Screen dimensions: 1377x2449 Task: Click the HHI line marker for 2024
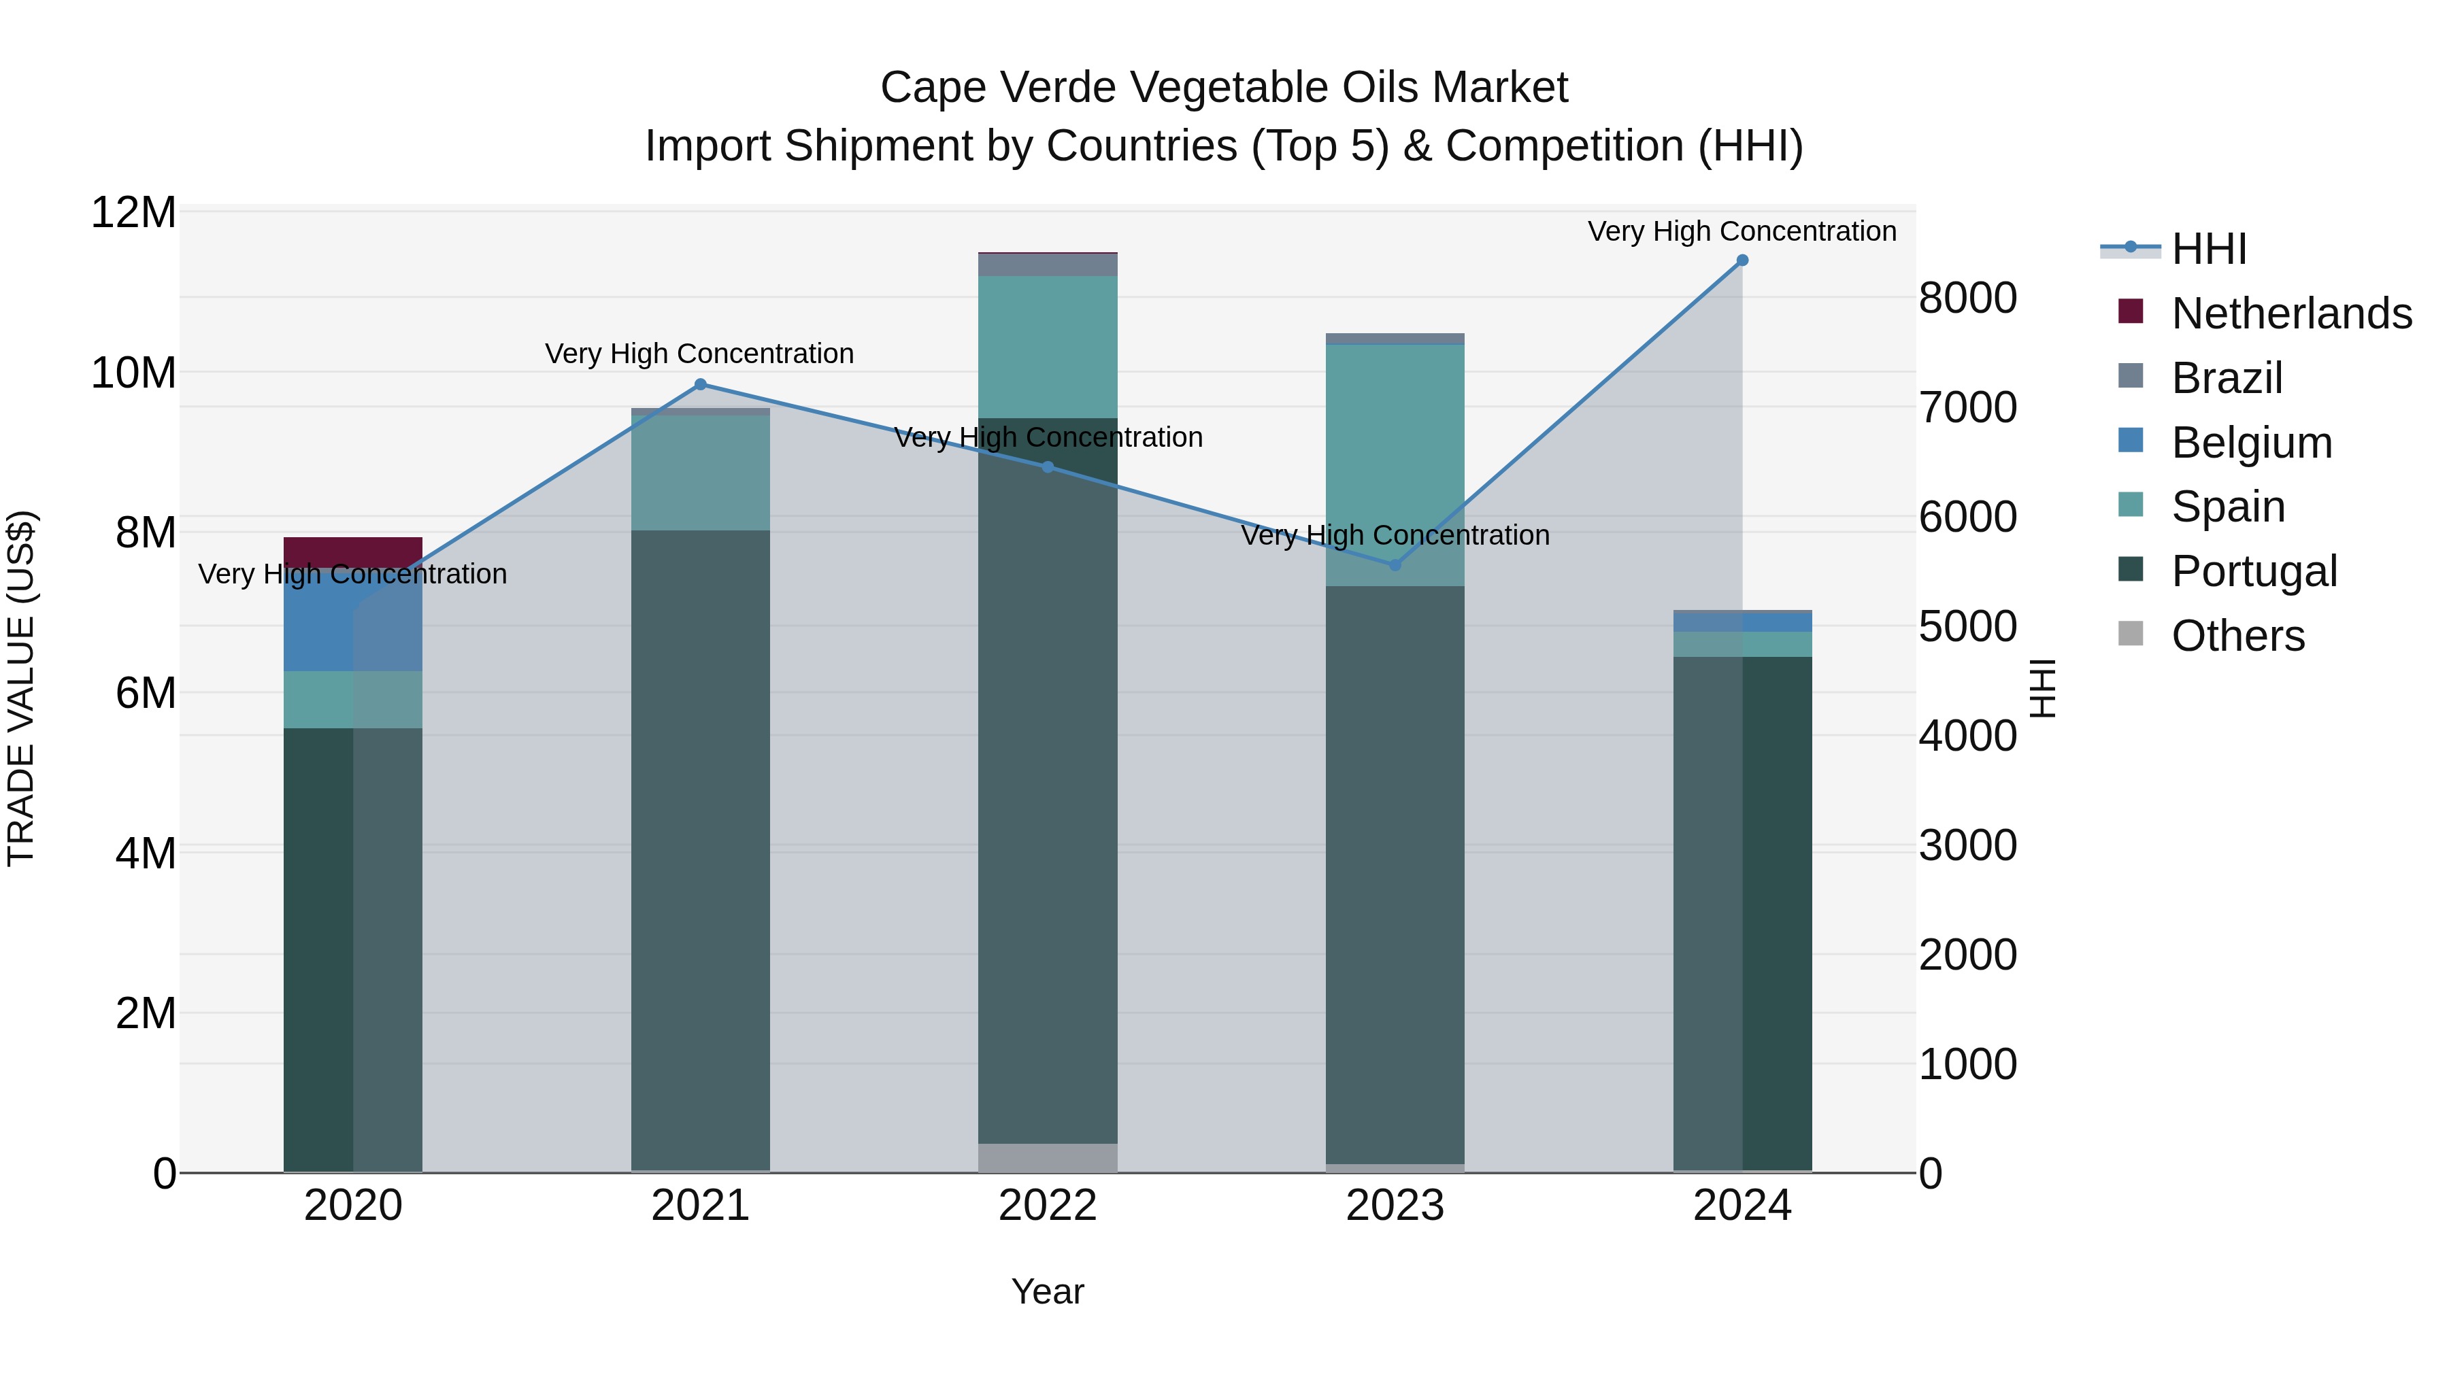1742,260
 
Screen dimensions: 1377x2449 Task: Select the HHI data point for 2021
701,385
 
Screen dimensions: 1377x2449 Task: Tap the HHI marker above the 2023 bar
1395,566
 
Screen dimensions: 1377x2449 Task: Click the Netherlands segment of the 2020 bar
352,552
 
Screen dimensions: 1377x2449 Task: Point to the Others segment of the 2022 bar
1048,1157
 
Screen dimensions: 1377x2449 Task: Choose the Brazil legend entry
2227,378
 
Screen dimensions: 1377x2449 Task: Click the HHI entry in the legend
2208,249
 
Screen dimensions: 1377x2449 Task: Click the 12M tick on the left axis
133,212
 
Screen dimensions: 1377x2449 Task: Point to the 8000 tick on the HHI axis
1967,297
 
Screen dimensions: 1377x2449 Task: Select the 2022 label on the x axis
1048,1206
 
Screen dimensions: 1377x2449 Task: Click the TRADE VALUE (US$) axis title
21,688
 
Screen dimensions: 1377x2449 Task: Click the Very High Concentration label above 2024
1742,231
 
